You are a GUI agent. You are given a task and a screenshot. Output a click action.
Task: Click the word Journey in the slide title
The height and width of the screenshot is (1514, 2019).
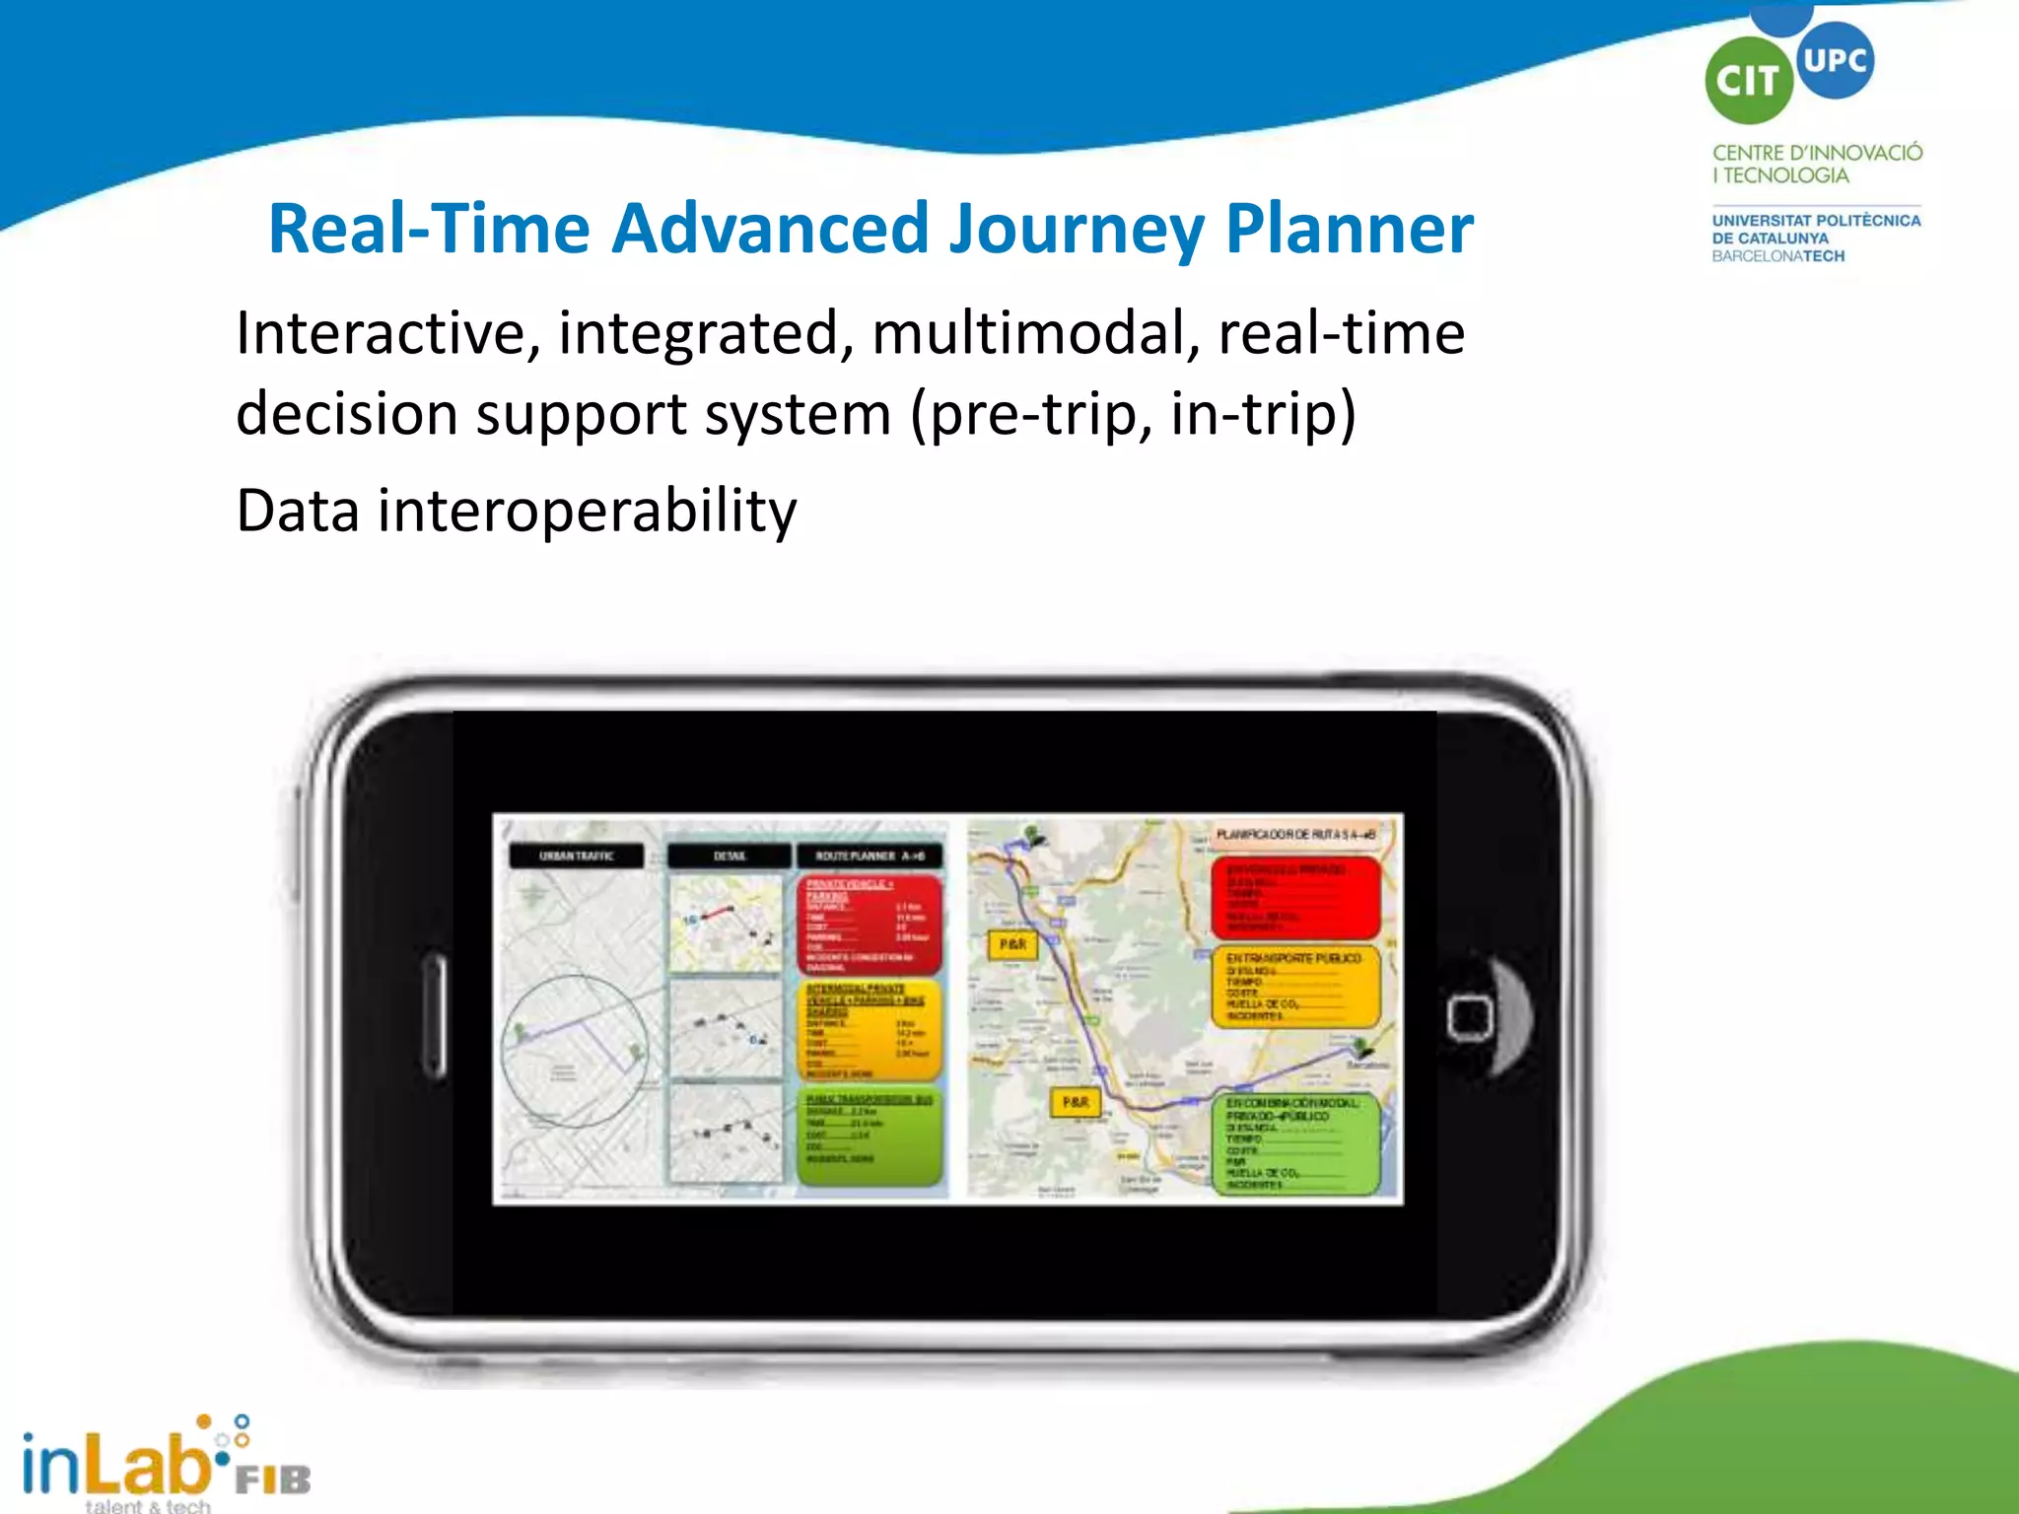tap(1077, 229)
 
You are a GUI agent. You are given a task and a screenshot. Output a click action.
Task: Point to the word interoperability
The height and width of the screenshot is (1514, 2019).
tap(587, 511)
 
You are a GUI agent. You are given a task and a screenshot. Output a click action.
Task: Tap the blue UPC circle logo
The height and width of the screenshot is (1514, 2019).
tap(1834, 60)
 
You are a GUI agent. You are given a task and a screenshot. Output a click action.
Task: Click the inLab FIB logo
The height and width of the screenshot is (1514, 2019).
tap(163, 1465)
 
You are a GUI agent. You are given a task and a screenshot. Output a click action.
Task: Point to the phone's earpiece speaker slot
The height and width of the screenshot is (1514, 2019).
tap(434, 1016)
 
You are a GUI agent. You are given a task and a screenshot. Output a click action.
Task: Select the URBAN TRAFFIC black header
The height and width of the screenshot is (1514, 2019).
tap(577, 856)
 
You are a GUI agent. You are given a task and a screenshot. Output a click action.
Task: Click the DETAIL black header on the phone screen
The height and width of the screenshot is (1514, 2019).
tap(730, 856)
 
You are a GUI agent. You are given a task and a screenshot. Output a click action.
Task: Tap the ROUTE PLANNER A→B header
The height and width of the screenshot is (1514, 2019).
tap(870, 856)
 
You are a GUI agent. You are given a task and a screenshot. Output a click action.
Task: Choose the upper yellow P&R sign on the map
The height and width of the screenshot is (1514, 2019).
tap(1012, 944)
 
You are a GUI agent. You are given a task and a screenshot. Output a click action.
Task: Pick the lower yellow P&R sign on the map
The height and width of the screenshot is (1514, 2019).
tap(1076, 1102)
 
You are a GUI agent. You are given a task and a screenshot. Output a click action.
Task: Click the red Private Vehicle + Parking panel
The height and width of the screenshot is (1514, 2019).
tap(869, 923)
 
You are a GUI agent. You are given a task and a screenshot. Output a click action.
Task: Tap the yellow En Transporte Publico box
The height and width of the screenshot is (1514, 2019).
tap(1293, 987)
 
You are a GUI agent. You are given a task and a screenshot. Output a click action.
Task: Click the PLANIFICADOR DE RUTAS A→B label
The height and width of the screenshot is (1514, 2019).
tap(1294, 835)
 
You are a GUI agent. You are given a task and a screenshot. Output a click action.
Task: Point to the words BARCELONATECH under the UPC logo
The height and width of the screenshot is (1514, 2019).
tap(1777, 256)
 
